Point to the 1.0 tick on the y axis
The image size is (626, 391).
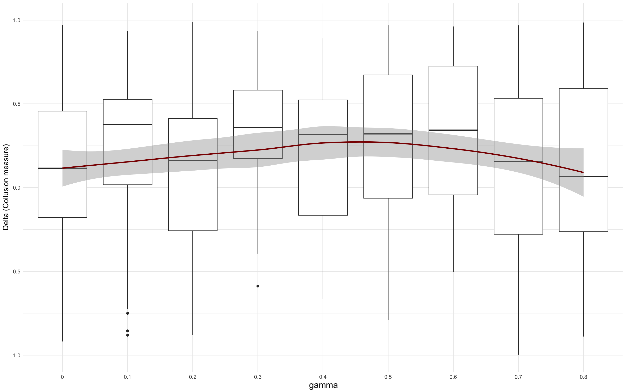tap(17, 20)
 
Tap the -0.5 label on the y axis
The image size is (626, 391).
tap(16, 272)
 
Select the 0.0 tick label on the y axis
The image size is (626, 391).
tap(17, 188)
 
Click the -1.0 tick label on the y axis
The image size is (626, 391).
tap(16, 355)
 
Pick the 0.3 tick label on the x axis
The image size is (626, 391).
tap(258, 377)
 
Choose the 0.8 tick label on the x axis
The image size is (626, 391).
tap(583, 377)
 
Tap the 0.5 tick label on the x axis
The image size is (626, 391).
tap(388, 377)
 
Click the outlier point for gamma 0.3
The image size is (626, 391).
tap(258, 286)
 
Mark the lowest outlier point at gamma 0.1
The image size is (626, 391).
tap(128, 335)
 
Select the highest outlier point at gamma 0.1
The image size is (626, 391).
tap(128, 313)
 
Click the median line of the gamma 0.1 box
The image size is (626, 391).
tap(128, 124)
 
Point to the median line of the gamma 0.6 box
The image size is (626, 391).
tap(453, 130)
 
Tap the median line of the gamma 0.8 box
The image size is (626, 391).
tap(583, 177)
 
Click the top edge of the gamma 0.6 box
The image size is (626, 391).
tap(453, 66)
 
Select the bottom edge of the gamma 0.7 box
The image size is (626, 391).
tap(518, 234)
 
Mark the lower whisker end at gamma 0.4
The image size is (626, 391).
tap(323, 299)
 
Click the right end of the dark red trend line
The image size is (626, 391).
tap(583, 172)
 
